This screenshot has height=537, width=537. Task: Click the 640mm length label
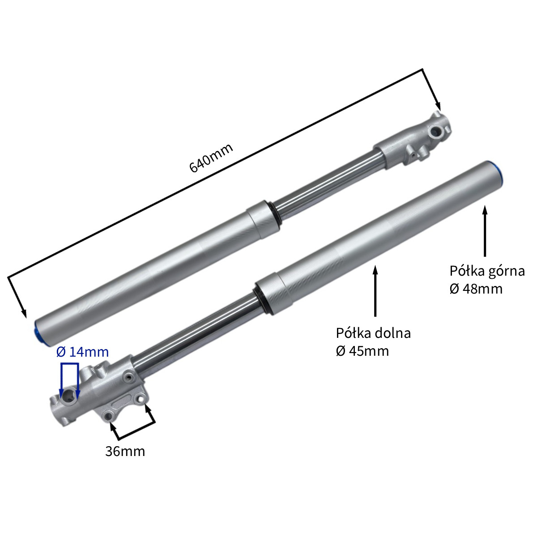[211, 158]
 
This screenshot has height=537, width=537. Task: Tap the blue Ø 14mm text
[82, 352]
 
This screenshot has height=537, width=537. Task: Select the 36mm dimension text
[125, 452]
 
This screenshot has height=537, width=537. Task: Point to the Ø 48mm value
[476, 289]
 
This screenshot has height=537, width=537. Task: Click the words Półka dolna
[373, 333]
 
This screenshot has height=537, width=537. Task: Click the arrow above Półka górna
[485, 231]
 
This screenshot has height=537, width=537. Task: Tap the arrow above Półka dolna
[375, 291]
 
